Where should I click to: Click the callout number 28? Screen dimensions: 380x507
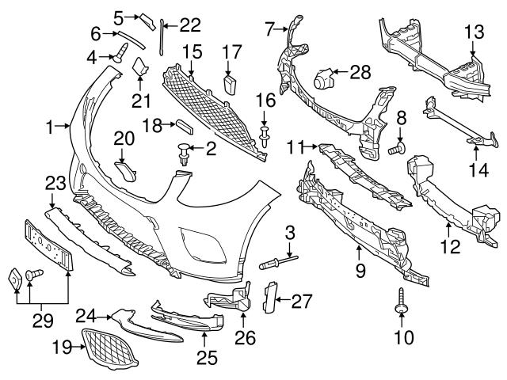[360, 72]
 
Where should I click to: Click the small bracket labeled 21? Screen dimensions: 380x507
[140, 70]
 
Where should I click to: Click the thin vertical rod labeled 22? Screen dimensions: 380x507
[162, 40]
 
